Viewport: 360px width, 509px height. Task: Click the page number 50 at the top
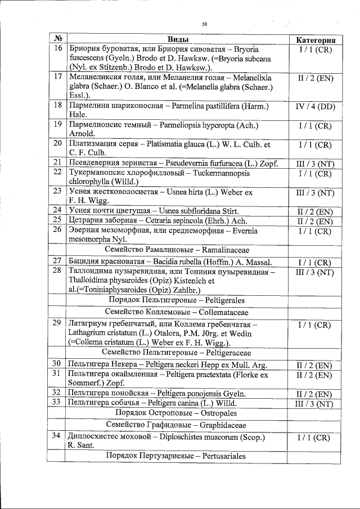[205, 24]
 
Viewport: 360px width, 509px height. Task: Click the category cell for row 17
[316, 78]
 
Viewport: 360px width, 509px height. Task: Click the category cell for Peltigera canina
[316, 403]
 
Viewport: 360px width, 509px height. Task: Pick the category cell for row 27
[316, 262]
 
